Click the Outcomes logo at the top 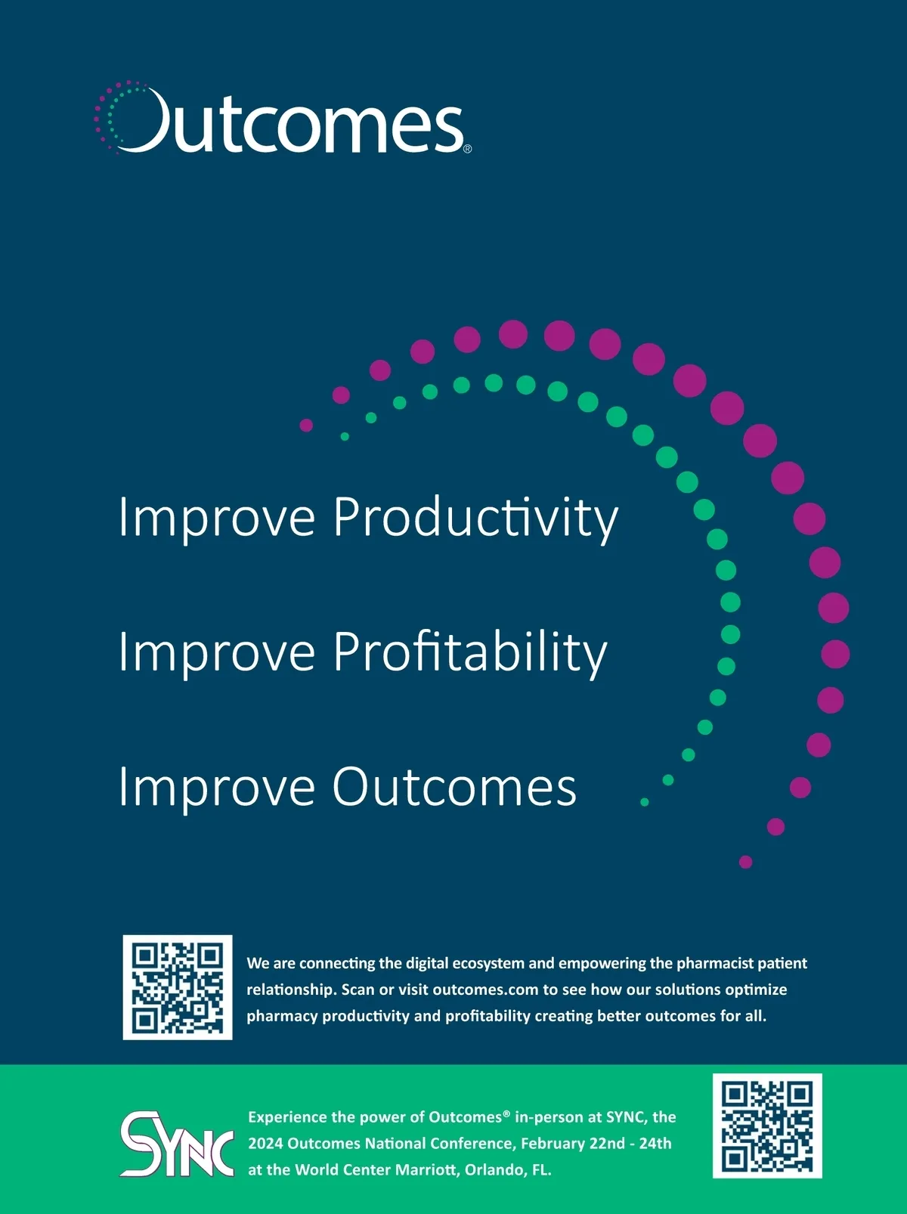click(282, 117)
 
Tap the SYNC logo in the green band click(176, 1144)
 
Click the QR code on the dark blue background click(178, 987)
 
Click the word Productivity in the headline click(475, 518)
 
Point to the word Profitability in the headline click(470, 652)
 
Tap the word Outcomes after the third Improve click(454, 786)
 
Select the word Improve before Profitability click(217, 653)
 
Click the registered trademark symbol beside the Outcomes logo click(467, 149)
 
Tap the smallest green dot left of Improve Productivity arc click(345, 437)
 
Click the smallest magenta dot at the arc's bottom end click(745, 862)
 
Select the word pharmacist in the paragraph click(714, 964)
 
